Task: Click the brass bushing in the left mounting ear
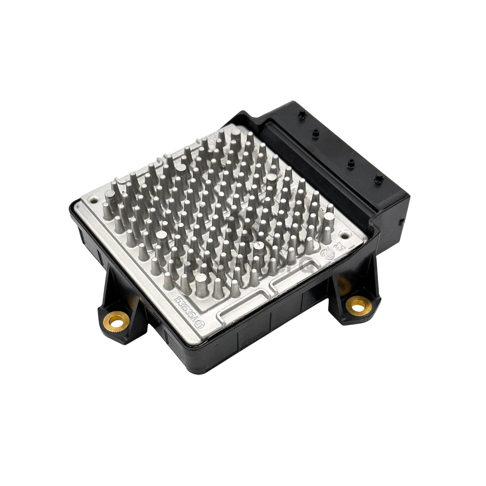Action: click(117, 320)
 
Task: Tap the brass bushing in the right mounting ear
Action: click(358, 305)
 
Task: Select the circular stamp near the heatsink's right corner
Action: click(328, 254)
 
